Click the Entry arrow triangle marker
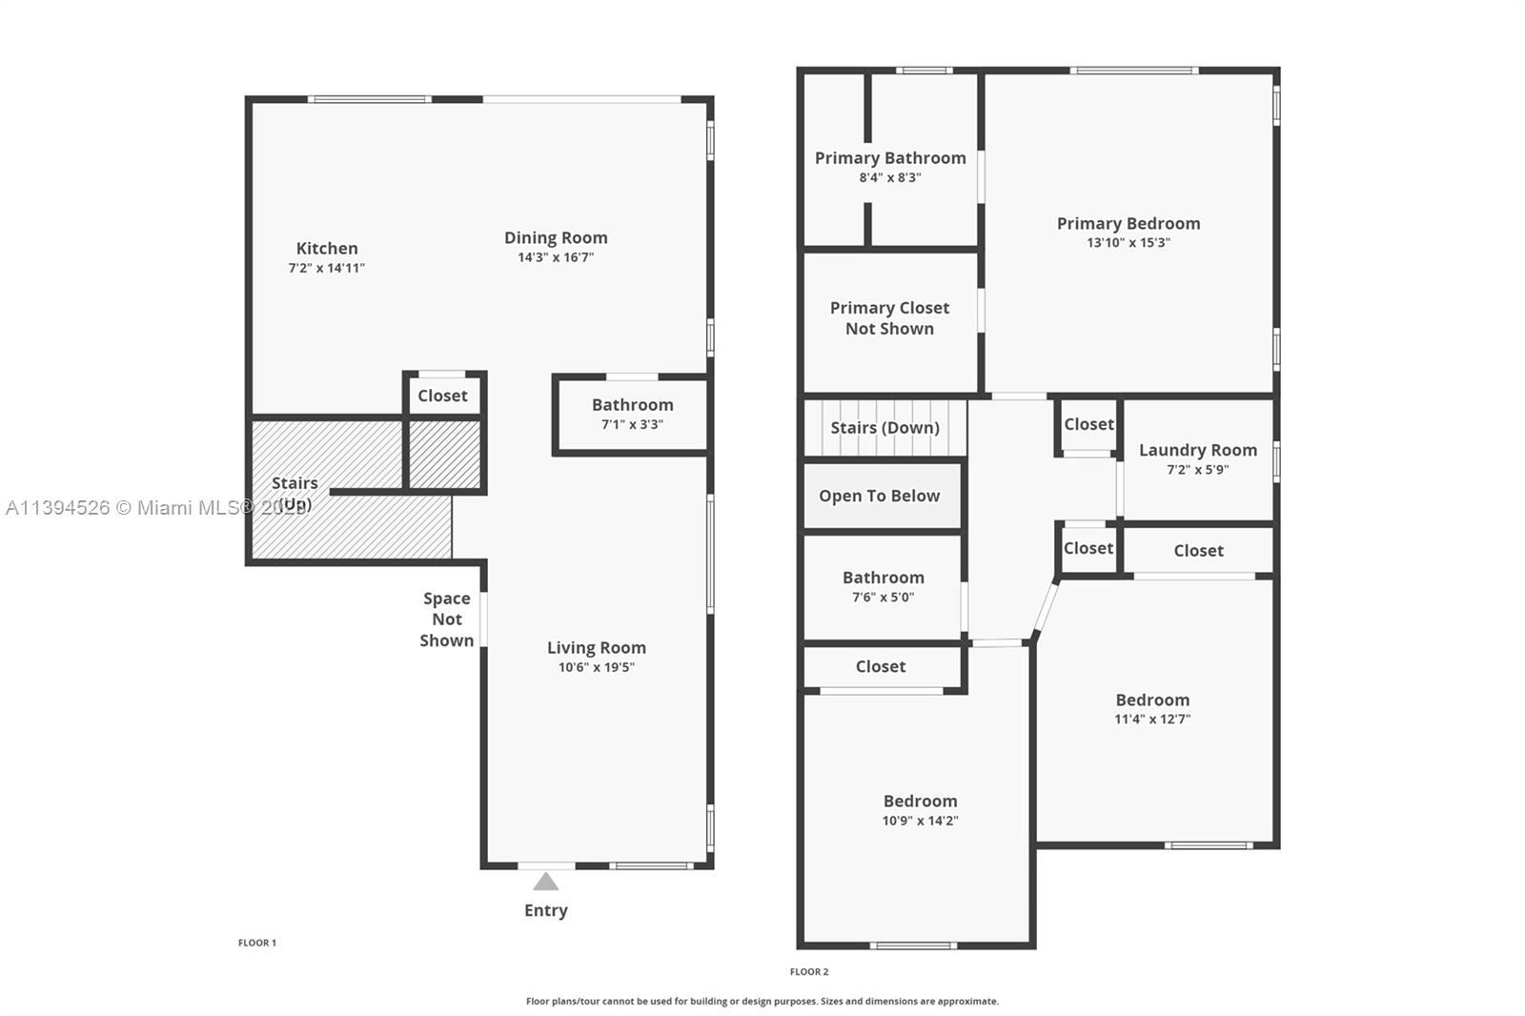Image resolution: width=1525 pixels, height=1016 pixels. [x=546, y=882]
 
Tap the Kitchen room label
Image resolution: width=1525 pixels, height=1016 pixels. [x=327, y=249]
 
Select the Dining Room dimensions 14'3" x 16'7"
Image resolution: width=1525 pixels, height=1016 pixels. [x=556, y=257]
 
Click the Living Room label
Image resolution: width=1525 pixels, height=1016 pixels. [x=597, y=647]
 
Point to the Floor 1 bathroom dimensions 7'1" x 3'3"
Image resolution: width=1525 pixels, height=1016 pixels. [x=633, y=424]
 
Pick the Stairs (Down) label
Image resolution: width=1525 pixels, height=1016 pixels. [x=885, y=428]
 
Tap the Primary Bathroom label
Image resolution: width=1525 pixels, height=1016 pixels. [x=890, y=158]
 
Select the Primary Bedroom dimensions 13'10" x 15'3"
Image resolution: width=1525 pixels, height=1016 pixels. [x=1128, y=242]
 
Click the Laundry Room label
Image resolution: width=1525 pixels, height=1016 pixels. [x=1197, y=450]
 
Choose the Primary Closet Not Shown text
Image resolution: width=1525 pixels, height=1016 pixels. [x=890, y=318]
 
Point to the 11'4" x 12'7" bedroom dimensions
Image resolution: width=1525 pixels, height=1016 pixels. [x=1152, y=719]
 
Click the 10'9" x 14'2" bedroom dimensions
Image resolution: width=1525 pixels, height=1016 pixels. [x=920, y=821]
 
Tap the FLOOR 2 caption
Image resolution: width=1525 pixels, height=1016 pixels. [x=809, y=972]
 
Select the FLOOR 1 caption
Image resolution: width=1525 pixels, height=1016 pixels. [x=257, y=944]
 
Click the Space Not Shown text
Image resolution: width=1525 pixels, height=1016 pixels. [x=447, y=620]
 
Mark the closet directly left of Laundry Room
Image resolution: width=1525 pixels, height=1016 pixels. [x=1088, y=424]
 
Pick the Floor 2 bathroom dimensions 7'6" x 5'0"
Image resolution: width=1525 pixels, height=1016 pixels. [x=883, y=598]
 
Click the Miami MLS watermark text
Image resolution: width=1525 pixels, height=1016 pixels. [x=156, y=508]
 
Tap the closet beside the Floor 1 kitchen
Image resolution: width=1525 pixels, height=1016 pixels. [x=442, y=396]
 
